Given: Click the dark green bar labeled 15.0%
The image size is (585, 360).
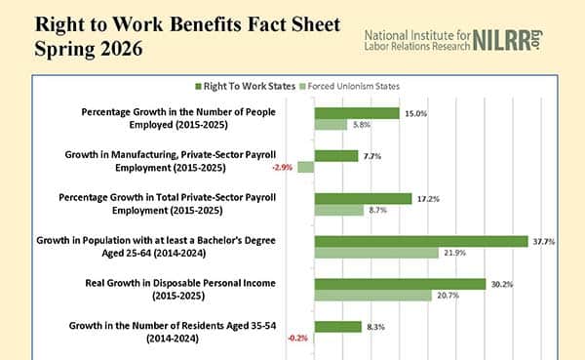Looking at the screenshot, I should [356, 113].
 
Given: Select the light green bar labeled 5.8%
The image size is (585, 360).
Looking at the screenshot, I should [331, 125].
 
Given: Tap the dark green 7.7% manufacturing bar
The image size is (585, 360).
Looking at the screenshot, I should [335, 155].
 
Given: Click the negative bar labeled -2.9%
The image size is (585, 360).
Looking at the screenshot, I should [305, 167].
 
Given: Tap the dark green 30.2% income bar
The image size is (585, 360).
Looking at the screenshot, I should [400, 284].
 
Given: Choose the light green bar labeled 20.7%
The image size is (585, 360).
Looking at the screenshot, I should [372, 296].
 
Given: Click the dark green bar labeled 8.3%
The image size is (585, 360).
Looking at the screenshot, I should [337, 327].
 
